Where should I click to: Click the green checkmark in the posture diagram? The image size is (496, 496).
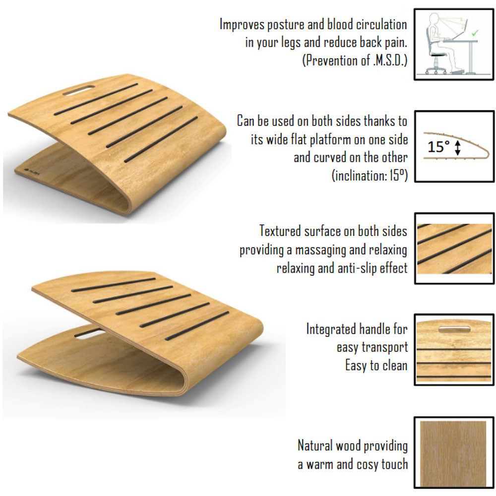click(x=475, y=33)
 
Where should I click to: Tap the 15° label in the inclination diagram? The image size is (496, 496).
click(x=438, y=147)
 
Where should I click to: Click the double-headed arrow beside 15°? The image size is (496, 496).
click(x=457, y=148)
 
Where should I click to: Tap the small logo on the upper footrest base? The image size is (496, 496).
click(x=30, y=170)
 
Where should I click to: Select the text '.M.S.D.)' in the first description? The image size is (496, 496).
click(x=390, y=60)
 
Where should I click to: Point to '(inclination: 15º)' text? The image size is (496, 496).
click(x=370, y=175)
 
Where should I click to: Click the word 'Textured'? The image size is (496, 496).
click(x=280, y=231)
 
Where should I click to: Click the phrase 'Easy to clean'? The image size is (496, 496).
click(x=376, y=366)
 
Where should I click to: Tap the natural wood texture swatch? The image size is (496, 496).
click(x=453, y=454)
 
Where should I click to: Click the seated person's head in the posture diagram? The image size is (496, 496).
click(x=434, y=18)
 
